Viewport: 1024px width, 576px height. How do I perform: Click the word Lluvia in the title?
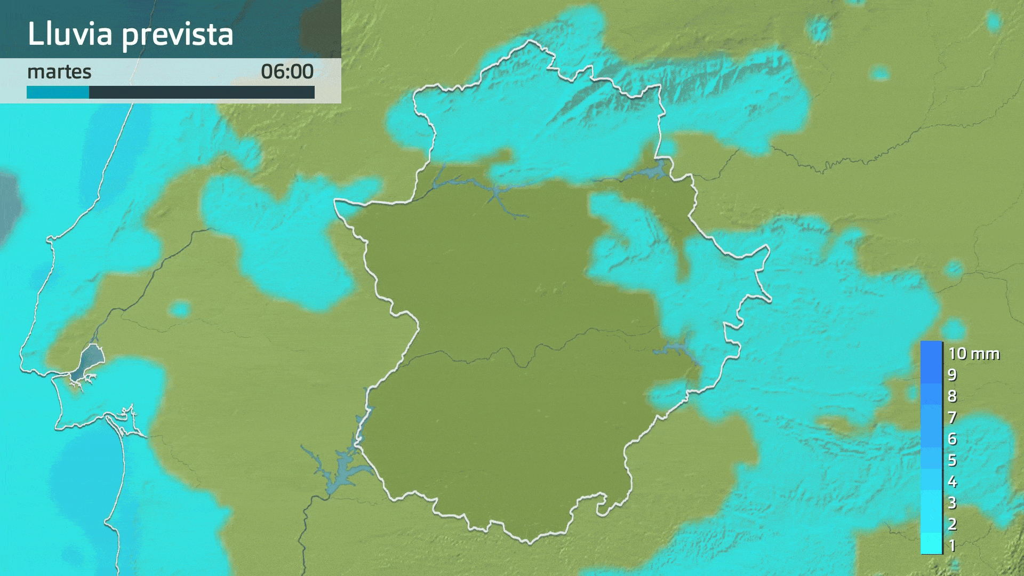(x=70, y=34)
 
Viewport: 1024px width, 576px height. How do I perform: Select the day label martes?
(x=59, y=71)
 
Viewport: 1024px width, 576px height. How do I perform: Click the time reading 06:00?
(x=287, y=71)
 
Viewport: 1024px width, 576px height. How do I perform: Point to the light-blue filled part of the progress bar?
(x=58, y=93)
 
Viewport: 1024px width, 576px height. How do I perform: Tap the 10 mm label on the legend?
(x=973, y=354)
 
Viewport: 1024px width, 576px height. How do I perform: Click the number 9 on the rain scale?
(x=952, y=375)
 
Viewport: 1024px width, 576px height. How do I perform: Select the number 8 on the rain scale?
(x=952, y=396)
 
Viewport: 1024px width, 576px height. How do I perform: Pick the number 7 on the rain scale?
(x=952, y=418)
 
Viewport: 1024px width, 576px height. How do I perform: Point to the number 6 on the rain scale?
(x=952, y=439)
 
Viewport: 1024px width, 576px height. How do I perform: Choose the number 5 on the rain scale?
(x=952, y=460)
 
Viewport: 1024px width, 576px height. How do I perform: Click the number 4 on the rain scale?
(x=952, y=482)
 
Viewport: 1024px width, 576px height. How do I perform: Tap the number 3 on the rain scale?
(x=952, y=503)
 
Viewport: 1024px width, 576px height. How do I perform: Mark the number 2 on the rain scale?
(x=952, y=524)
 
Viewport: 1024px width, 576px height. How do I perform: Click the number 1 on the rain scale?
(x=952, y=546)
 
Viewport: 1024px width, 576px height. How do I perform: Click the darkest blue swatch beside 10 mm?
(x=931, y=352)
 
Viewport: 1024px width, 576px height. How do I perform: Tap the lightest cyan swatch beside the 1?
(x=931, y=544)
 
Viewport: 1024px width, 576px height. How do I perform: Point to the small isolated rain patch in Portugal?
(x=180, y=309)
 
